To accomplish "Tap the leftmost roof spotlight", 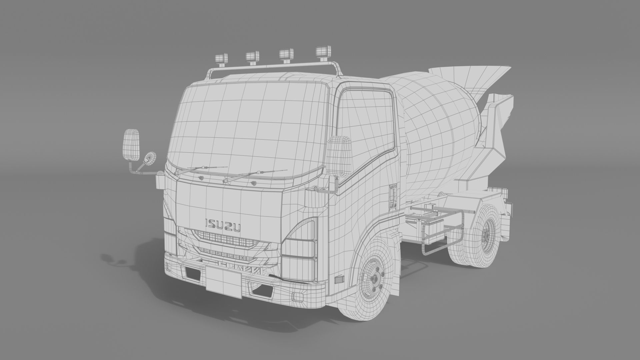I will tap(222, 58).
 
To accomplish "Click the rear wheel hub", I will tap(486, 235).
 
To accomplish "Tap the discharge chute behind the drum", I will tap(497, 123).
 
